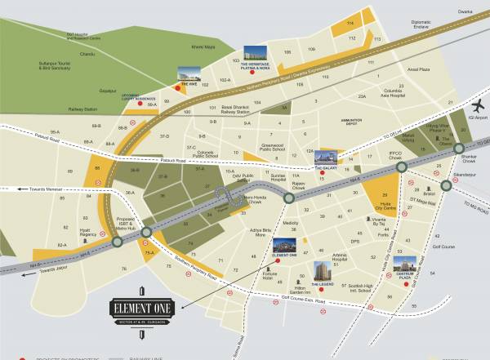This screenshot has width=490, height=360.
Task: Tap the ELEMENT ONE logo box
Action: pos(141,309)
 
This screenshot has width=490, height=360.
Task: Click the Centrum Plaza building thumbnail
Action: pos(404,264)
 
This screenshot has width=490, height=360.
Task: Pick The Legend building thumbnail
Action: pos(320,270)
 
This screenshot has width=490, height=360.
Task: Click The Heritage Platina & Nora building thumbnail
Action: pos(258,51)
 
